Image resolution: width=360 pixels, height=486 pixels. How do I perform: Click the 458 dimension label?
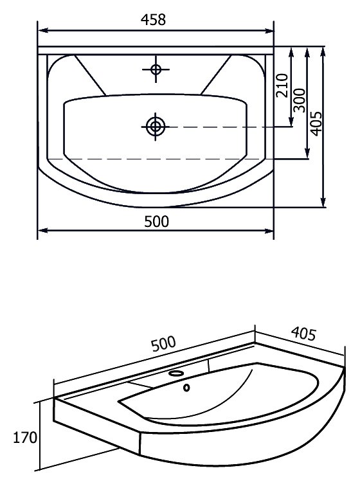[153, 19]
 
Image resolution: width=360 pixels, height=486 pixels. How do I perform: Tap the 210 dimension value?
[282, 85]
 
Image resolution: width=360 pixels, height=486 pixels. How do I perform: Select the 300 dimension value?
[299, 100]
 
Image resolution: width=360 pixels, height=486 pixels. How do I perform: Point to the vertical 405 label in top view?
[316, 123]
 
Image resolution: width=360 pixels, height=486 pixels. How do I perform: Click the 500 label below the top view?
[157, 221]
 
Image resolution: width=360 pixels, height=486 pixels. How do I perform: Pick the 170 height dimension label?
[25, 437]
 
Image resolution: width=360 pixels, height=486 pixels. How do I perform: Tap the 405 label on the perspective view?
[303, 334]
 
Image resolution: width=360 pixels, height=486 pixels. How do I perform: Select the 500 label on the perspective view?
[163, 343]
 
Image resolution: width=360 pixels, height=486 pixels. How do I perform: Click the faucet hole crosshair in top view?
[156, 69]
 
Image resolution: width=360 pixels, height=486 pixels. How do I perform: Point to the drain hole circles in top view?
[156, 127]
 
